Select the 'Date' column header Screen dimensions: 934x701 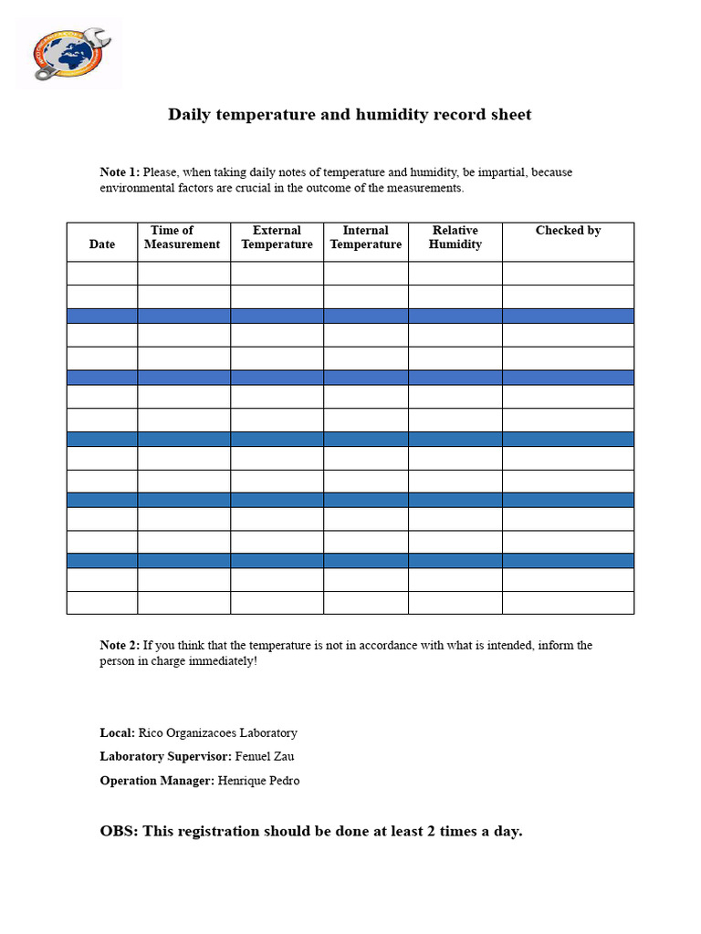click(x=102, y=244)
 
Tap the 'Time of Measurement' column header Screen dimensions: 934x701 click(x=183, y=237)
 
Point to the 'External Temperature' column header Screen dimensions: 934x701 click(x=277, y=237)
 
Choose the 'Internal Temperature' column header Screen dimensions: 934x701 click(x=365, y=237)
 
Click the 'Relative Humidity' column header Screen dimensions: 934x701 click(x=455, y=237)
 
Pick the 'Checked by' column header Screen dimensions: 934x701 click(x=568, y=231)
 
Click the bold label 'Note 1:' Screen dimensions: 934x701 click(x=120, y=172)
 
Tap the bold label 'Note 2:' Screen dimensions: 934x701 click(x=120, y=646)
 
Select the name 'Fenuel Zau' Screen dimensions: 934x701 click(x=265, y=757)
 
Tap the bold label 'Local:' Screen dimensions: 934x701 click(x=117, y=733)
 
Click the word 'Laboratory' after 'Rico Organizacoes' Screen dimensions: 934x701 click(x=269, y=733)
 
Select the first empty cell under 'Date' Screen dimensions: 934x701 click(x=102, y=274)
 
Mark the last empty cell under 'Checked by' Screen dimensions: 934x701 click(x=568, y=603)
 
